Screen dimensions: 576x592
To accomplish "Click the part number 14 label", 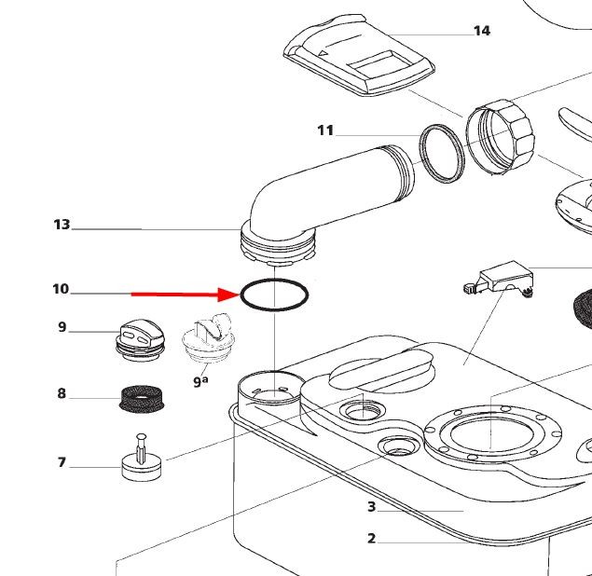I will pos(481,31).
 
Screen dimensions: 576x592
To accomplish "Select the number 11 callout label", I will pos(324,130).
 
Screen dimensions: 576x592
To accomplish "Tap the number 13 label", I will pos(62,225).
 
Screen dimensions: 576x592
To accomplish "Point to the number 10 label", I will pos(61,289).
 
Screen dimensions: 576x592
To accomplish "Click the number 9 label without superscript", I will pos(62,327).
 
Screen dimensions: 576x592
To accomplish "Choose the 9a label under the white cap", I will pos(200,380).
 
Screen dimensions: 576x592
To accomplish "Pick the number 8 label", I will pos(62,393).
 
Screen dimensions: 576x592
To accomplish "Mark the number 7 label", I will pos(62,462).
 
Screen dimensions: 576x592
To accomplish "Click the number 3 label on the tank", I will pos(371,507).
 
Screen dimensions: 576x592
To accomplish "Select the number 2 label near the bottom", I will pos(371,539).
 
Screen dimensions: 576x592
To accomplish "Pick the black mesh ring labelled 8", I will pos(142,399).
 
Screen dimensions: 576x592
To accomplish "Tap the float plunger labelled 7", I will pos(141,460).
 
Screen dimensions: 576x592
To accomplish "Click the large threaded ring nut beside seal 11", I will pos(504,140).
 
